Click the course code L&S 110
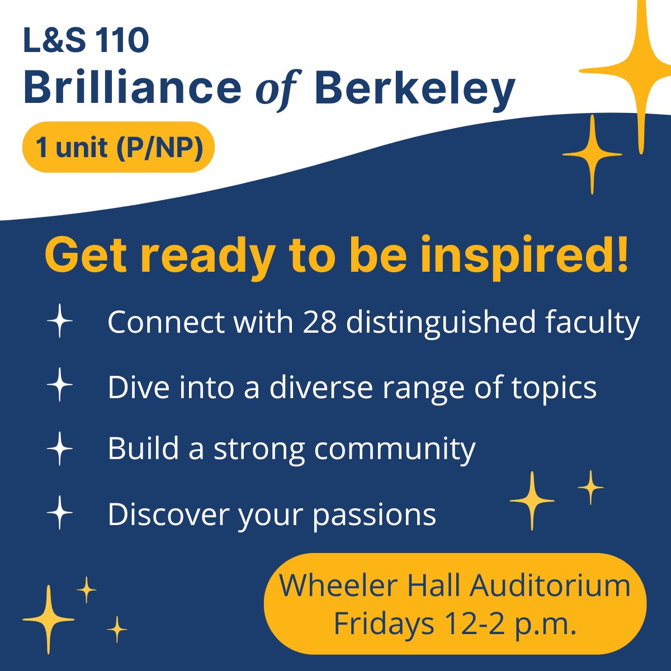[86, 41]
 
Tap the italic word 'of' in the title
[278, 89]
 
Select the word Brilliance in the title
[132, 88]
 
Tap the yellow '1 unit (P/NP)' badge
[119, 147]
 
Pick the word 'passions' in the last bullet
[374, 515]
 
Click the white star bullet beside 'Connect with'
[60, 323]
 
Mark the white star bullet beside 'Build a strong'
[60, 448]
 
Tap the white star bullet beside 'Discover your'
[60, 513]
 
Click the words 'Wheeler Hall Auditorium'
[455, 585]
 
